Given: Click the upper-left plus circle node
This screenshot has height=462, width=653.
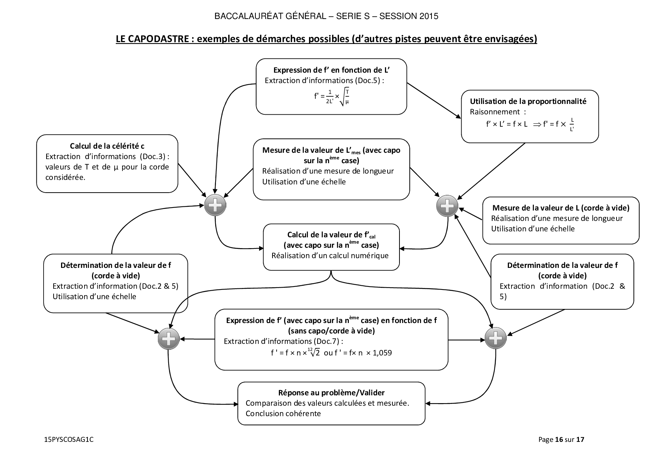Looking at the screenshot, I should point(215,205).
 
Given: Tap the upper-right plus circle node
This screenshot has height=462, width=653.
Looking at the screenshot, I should point(447,205).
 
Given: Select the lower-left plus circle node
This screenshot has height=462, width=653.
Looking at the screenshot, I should point(169,339).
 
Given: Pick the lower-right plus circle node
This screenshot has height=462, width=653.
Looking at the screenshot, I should point(496,339).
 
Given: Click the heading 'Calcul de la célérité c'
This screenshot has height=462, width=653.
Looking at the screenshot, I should point(107,146).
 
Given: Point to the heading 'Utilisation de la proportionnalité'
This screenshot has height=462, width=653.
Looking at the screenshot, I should point(528,101).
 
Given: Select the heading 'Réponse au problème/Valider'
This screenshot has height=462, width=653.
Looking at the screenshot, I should point(331,393).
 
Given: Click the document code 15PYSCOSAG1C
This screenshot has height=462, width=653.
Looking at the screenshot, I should point(69,440).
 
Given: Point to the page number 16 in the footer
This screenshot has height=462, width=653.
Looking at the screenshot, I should point(558,440).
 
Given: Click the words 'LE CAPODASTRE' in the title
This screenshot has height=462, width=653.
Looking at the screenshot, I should point(152,39).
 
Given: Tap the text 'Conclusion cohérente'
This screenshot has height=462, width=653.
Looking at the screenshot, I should point(283,414).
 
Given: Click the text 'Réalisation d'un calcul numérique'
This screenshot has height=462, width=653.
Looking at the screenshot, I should point(330,256).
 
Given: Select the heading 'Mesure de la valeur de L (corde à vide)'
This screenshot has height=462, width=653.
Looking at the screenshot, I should point(561,208).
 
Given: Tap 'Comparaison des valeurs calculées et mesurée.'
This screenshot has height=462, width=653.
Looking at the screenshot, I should point(328,403).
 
